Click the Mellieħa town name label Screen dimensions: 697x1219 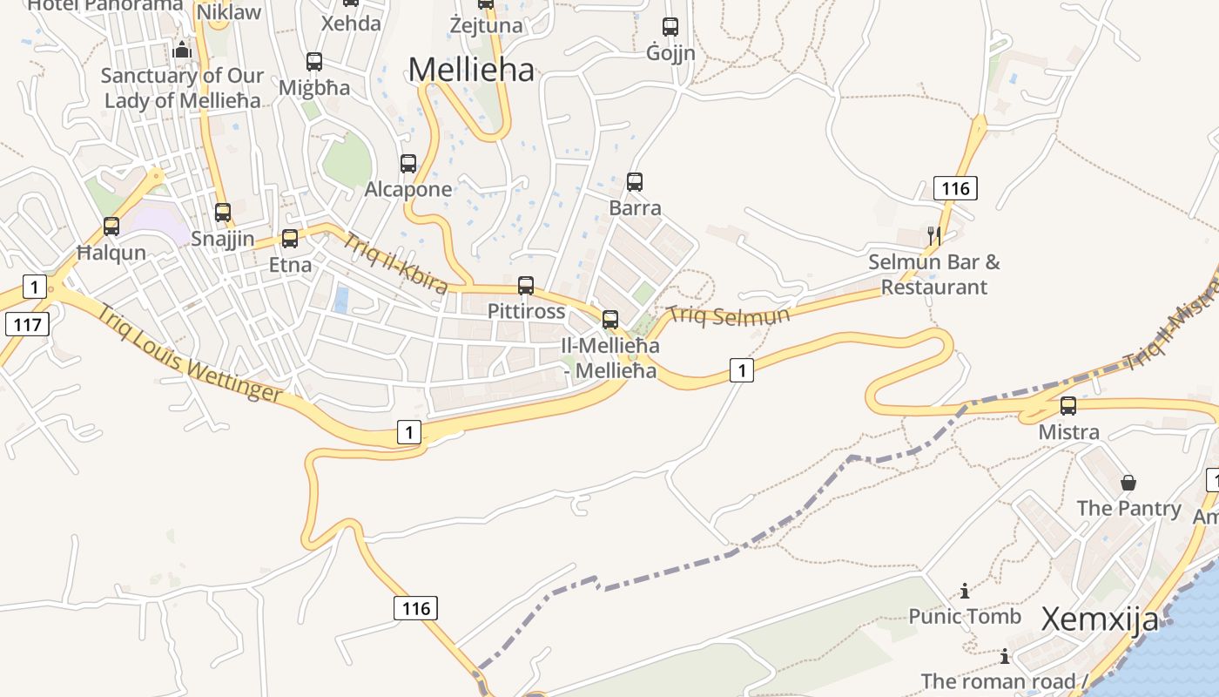(x=471, y=70)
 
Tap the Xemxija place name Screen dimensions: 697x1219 (x=1101, y=619)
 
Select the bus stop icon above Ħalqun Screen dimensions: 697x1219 (x=111, y=227)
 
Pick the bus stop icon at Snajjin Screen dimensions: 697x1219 (x=223, y=213)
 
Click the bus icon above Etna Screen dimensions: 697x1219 (x=290, y=239)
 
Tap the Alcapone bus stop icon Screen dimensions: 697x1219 (x=408, y=164)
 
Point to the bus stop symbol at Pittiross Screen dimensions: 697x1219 (x=526, y=286)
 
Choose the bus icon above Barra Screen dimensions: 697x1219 (x=635, y=182)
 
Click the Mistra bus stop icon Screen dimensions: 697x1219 (x=1068, y=406)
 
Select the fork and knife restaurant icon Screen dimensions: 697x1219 (x=934, y=235)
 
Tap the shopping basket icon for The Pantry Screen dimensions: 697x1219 (x=1128, y=483)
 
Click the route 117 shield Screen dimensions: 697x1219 (x=27, y=325)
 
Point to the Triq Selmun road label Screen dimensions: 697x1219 (x=728, y=315)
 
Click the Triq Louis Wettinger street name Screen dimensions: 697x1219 (x=190, y=354)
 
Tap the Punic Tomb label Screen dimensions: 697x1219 (x=965, y=617)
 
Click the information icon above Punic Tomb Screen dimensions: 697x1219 (x=965, y=592)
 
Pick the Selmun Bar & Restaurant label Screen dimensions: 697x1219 (x=934, y=274)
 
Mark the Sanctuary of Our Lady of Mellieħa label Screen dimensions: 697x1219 (x=182, y=88)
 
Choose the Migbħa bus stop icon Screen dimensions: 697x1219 (x=314, y=62)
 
